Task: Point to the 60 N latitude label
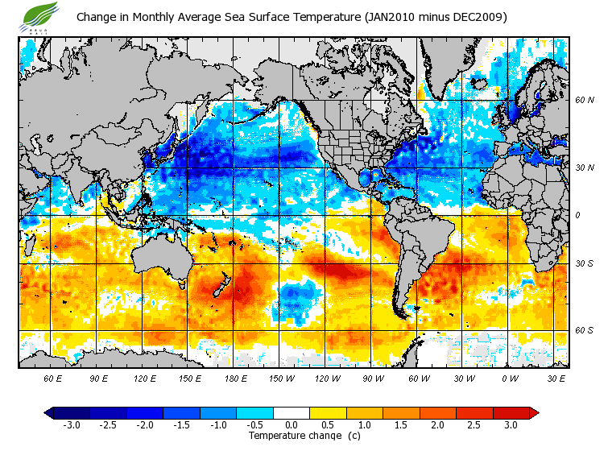click(584, 100)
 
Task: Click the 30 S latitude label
click(584, 263)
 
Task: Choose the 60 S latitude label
click(584, 330)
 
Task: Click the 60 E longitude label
click(53, 378)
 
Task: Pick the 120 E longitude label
click(145, 378)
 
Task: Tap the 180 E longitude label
click(236, 378)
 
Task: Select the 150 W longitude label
click(282, 378)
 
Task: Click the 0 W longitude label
click(510, 378)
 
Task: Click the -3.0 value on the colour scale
click(70, 424)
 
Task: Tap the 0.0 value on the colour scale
click(292, 424)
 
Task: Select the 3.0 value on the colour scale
click(511, 424)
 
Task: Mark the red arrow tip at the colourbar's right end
click(534, 413)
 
